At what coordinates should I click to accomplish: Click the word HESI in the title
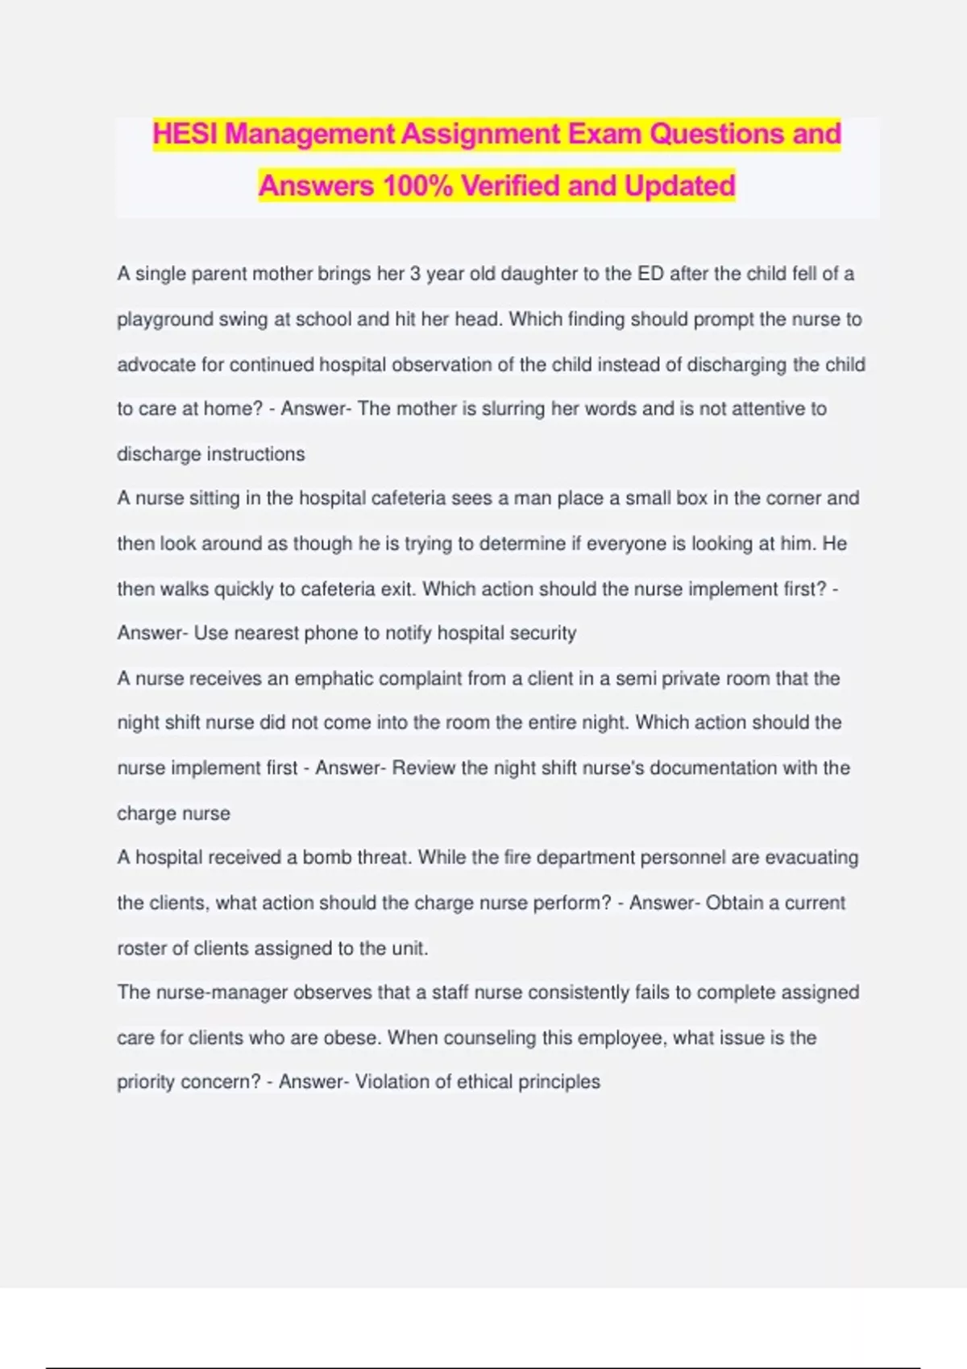pyautogui.click(x=185, y=134)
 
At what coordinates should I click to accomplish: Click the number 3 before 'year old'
pyautogui.click(x=415, y=274)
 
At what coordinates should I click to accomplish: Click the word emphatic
pyautogui.click(x=333, y=679)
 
